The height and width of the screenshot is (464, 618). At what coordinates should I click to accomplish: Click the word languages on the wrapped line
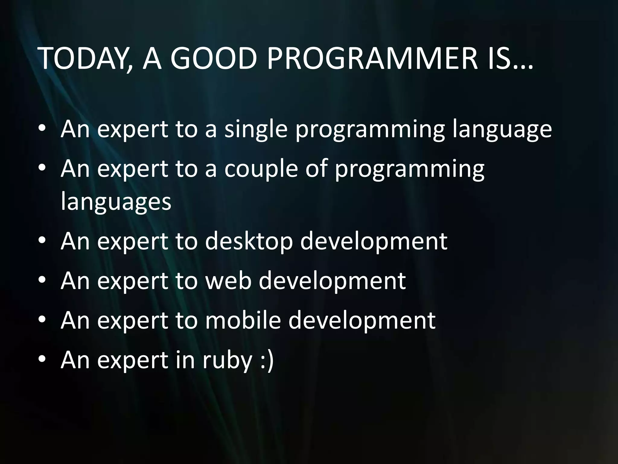(116, 202)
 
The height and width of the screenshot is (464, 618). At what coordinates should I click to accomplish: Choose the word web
(228, 281)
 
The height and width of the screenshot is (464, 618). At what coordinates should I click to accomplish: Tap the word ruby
(227, 361)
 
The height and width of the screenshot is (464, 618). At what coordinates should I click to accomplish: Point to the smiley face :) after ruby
(267, 361)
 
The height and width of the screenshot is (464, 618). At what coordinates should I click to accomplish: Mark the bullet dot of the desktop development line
(42, 241)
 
